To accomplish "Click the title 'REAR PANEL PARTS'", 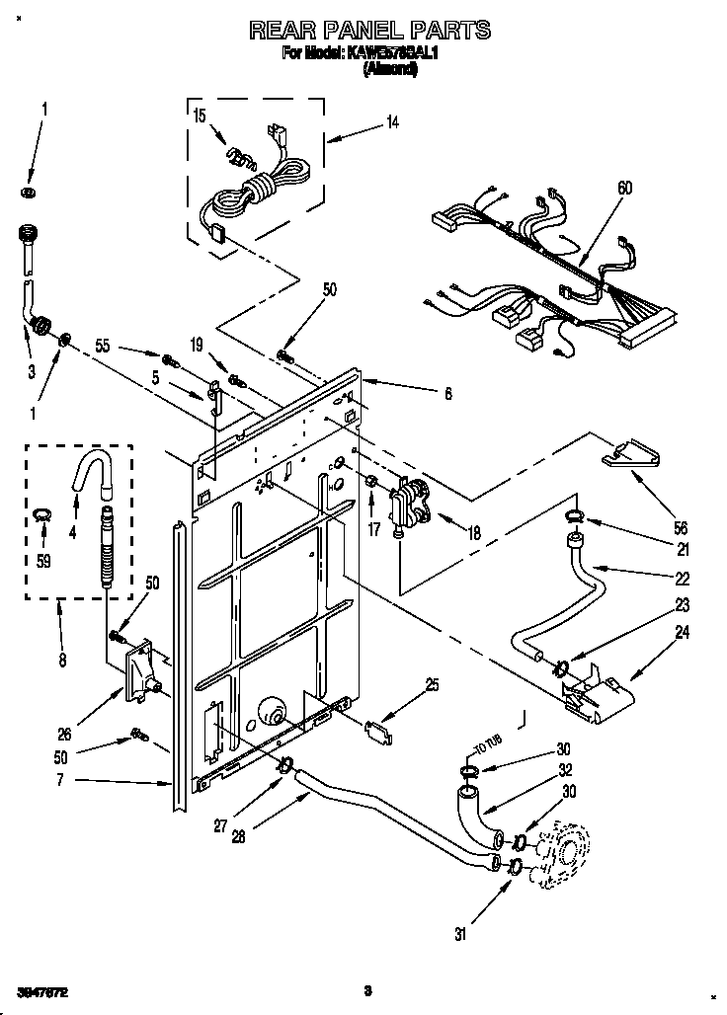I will click(369, 32).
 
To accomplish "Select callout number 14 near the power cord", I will click(393, 123).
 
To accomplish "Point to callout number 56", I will click(681, 527).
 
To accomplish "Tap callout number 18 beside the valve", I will click(474, 533).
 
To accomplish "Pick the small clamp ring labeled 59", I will click(41, 511).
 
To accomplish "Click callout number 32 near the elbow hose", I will click(566, 770).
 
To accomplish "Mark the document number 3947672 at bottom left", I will click(42, 989).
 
